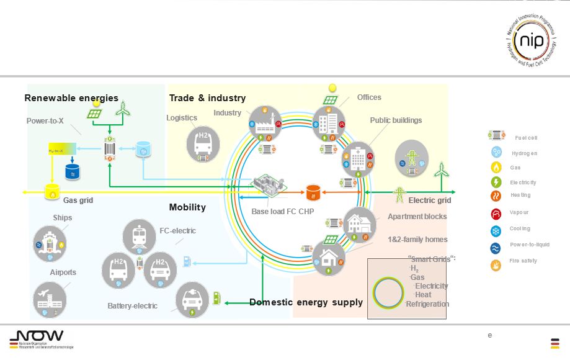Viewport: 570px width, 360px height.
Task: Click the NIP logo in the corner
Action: [x=532, y=41]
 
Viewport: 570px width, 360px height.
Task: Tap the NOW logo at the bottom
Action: [x=37, y=338]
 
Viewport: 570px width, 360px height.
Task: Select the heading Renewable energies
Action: [x=71, y=98]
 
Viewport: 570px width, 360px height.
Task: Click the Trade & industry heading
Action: [x=207, y=98]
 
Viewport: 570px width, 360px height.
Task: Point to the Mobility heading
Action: [x=187, y=207]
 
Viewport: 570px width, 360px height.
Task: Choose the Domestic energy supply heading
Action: [x=306, y=302]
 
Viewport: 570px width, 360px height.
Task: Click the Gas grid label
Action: [x=78, y=200]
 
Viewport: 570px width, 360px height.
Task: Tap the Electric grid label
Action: [x=430, y=200]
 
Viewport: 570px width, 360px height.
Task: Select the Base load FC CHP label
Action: [x=282, y=212]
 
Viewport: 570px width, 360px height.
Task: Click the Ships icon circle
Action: [x=50, y=243]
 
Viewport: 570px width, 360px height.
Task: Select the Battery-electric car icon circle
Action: [x=193, y=299]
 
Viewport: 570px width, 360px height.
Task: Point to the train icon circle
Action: [x=140, y=236]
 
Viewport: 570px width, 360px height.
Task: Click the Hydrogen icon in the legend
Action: [x=496, y=152]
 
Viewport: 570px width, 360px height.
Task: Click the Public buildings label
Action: [x=396, y=120]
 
